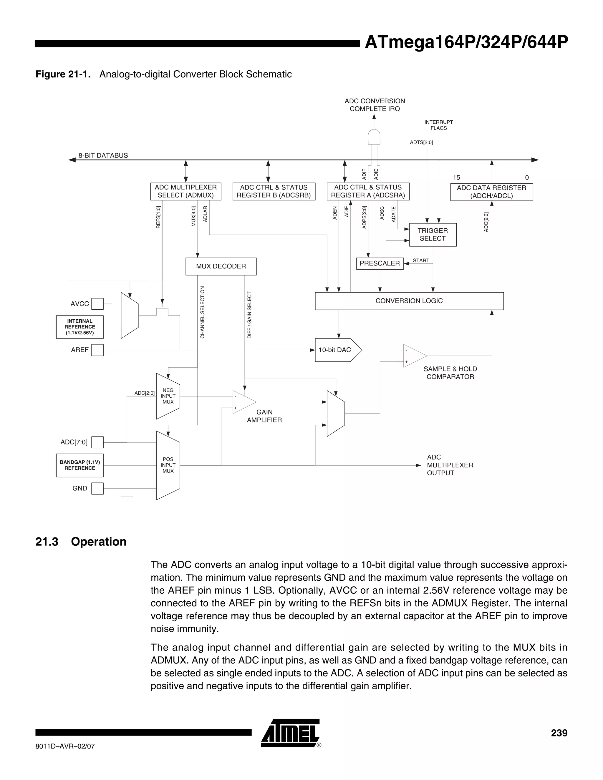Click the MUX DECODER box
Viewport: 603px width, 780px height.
tap(221, 266)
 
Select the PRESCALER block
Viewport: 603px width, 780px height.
tap(380, 263)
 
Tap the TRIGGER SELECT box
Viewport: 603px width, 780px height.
tap(433, 235)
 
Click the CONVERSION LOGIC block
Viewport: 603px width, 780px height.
tap(409, 301)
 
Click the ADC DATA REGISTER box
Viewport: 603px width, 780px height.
tap(491, 192)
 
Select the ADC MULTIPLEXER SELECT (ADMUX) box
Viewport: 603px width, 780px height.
tap(185, 191)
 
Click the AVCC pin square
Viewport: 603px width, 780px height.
tap(97, 304)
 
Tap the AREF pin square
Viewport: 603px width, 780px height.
tap(97, 350)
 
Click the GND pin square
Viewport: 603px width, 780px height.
tap(97, 488)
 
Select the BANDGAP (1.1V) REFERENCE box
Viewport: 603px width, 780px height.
tap(80, 465)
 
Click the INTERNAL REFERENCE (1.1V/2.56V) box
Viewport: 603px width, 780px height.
tap(80, 327)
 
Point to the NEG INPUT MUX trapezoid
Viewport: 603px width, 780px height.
tap(168, 396)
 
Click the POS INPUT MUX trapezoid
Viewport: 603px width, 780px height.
tap(168, 465)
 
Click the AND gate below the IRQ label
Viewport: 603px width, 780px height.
tap(374, 137)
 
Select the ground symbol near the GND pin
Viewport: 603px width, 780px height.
tap(127, 497)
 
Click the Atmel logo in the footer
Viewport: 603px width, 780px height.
tap(290, 733)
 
